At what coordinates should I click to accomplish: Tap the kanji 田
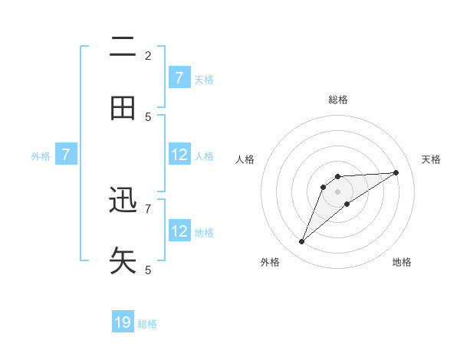[123, 109]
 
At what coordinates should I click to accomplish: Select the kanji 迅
[123, 201]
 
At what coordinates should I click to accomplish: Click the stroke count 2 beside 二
[148, 55]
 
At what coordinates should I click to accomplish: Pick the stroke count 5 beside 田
[148, 116]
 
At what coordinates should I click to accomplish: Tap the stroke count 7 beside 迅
[148, 208]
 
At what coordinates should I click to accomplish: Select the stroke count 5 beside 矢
[148, 270]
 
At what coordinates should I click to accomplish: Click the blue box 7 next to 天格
[179, 78]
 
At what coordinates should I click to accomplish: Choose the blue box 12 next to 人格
[179, 155]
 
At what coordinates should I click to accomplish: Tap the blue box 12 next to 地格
[179, 231]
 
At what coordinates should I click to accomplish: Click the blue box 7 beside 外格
[66, 155]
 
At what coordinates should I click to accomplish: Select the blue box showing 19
[123, 322]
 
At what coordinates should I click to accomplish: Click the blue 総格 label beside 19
[147, 324]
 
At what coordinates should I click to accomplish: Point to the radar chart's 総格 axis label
[338, 100]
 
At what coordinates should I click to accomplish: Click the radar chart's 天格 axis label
[432, 159]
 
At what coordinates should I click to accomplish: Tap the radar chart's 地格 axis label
[402, 262]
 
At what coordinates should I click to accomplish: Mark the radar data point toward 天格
[396, 172]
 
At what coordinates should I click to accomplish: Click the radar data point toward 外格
[301, 242]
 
